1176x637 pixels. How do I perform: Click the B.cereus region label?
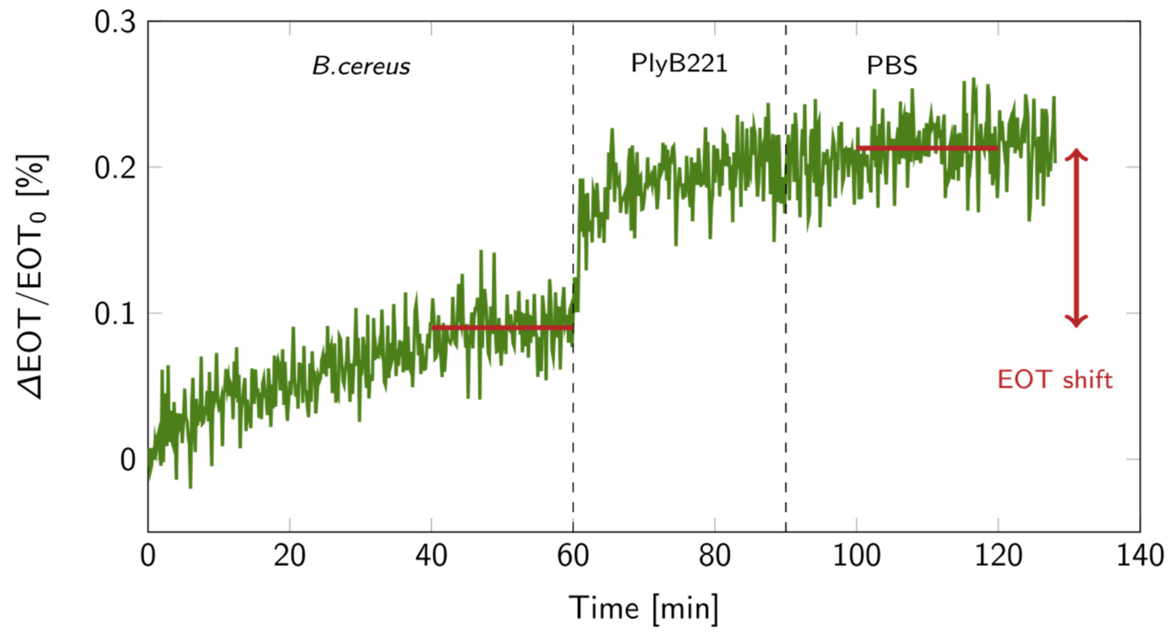pos(361,67)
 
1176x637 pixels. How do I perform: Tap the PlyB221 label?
pos(678,63)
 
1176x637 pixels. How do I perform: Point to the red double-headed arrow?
pos(1076,238)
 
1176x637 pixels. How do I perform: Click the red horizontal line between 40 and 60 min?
pos(502,327)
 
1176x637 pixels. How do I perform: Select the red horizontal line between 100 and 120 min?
pos(927,148)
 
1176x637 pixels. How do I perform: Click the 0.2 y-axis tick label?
pos(115,168)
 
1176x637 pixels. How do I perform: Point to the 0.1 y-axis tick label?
pos(115,314)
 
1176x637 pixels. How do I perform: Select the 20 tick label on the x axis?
pos(289,556)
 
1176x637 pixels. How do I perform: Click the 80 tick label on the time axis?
pos(715,556)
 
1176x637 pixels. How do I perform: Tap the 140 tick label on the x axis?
pos(1139,556)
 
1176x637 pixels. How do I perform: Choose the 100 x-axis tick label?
pos(856,556)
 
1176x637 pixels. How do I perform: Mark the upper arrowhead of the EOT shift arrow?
pos(1076,155)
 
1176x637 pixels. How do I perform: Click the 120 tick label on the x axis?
pos(998,556)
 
